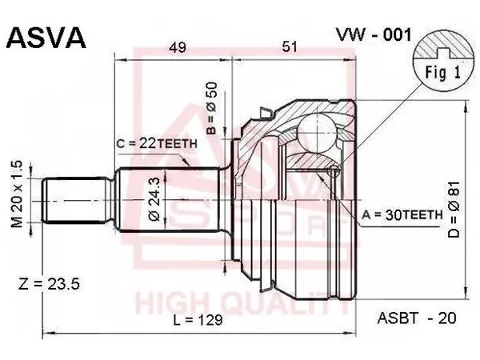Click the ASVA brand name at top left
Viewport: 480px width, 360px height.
(x=46, y=38)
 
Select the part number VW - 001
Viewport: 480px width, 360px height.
(x=374, y=34)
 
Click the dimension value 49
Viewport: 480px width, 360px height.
(x=178, y=47)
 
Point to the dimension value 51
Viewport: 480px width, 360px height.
(x=290, y=47)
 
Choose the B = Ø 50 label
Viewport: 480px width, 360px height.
(x=212, y=108)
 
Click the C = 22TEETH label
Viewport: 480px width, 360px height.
(x=157, y=143)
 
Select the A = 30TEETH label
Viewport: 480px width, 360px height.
(x=402, y=215)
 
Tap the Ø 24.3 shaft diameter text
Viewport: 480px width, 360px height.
(x=155, y=199)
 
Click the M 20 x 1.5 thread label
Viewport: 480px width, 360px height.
(x=17, y=194)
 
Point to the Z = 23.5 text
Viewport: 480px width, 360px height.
(x=49, y=283)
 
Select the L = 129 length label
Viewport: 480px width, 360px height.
(x=198, y=320)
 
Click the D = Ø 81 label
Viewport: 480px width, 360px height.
(x=454, y=209)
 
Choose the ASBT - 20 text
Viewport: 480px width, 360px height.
(x=417, y=318)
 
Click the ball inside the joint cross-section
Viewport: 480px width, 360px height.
(x=318, y=132)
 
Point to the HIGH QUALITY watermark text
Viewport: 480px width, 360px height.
(x=242, y=303)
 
